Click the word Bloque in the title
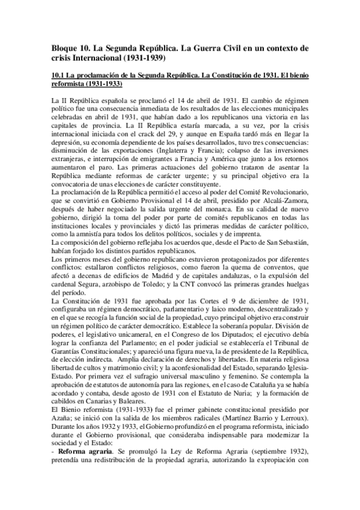pos(60,47)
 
